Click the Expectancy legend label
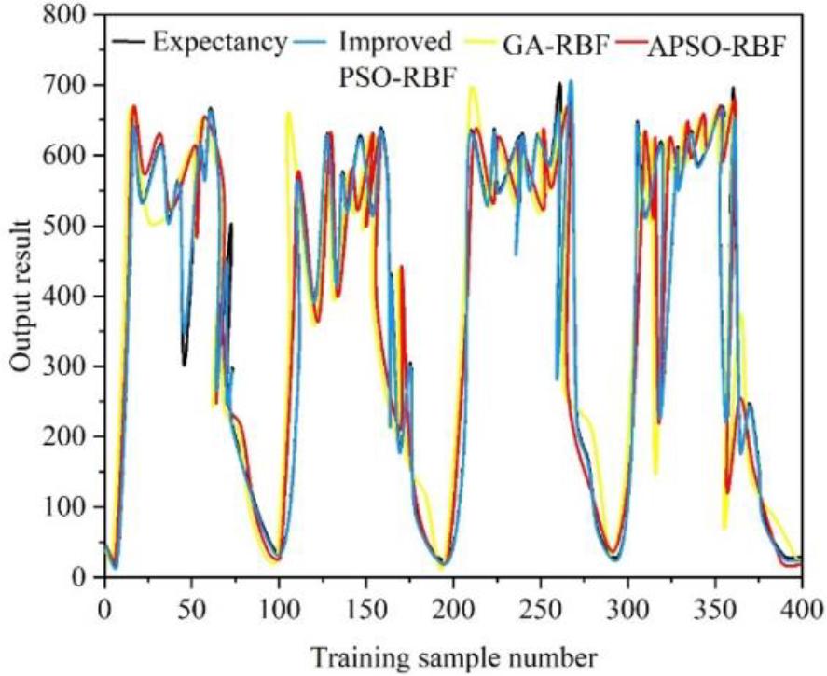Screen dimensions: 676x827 pyautogui.click(x=220, y=42)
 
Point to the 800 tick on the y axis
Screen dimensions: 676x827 pyautogui.click(x=74, y=16)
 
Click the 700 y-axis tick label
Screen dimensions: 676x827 pyautogui.click(x=74, y=86)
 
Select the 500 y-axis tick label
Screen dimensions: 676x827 pyautogui.click(x=74, y=227)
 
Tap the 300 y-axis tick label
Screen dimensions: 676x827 pyautogui.click(x=74, y=367)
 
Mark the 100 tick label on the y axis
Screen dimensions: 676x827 pyautogui.click(x=74, y=507)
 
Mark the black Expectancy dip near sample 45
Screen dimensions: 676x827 pyautogui.click(x=185, y=364)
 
